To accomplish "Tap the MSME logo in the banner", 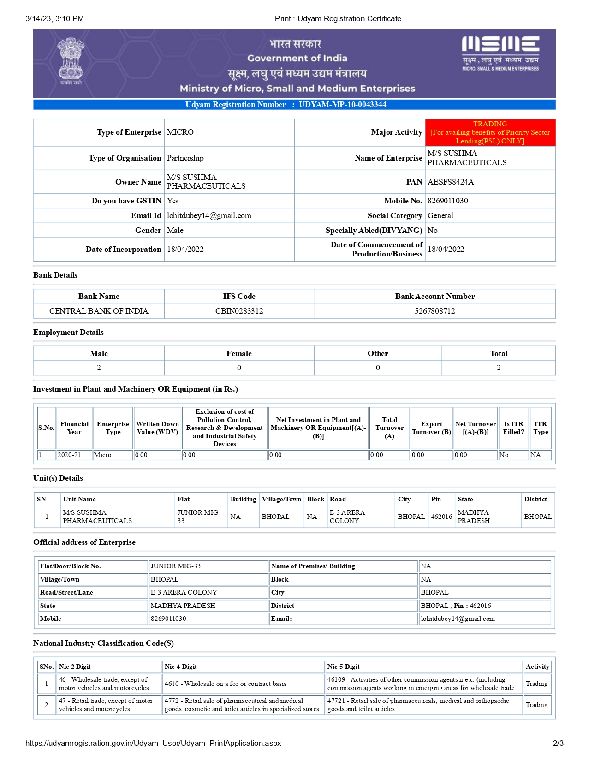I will tap(500, 53).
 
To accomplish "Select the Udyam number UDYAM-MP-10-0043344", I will tap(342, 105).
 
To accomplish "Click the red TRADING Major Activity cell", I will tap(490, 132).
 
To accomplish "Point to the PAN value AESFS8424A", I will tap(451, 182).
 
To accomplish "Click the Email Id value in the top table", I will tap(209, 215).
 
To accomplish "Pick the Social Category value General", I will tap(440, 215).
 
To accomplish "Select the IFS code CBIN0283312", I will tap(239, 311).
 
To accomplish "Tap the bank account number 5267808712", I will tap(434, 311).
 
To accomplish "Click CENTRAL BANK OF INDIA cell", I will tap(99, 311).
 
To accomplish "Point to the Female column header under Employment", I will tap(239, 353).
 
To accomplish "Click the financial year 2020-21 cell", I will tap(69, 455).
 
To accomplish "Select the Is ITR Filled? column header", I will tap(513, 428).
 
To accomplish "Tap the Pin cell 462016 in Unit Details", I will tap(441, 517).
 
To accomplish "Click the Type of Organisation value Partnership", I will tap(185, 158).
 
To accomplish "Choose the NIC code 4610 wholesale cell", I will tap(226, 684).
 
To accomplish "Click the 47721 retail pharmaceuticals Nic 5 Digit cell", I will tap(418, 705).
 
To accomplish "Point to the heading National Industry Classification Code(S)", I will tap(103, 643).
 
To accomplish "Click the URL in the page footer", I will tap(153, 743).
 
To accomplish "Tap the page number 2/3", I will tap(558, 743).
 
